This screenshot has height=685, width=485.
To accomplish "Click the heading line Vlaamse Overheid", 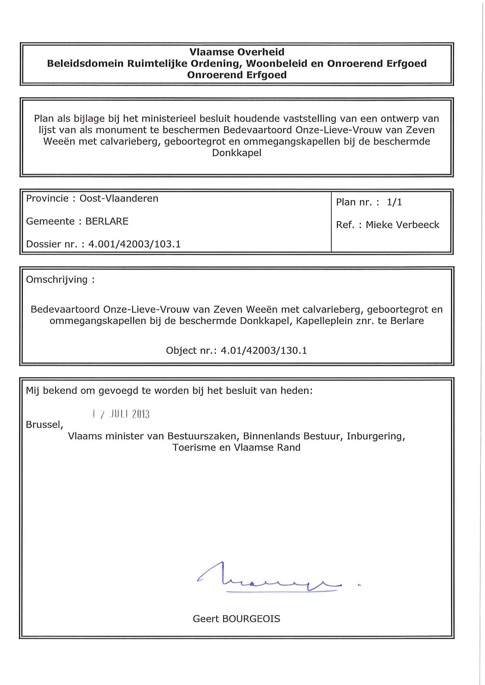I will coord(237,52).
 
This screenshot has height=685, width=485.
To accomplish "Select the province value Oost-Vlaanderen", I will coord(119,199).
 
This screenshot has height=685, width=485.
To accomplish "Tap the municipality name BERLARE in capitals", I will coord(107,221).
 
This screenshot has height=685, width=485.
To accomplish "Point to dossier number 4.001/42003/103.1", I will coord(135,244).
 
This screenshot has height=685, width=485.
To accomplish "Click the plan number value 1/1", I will coord(394,202).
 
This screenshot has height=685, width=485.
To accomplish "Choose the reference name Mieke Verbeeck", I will coord(402,225).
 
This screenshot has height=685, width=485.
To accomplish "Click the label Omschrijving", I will coord(57,280).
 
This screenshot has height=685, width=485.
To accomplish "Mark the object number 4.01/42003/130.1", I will coord(264,350).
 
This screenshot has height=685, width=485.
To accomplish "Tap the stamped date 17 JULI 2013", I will coord(121,414).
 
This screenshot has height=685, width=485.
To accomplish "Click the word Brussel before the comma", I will coord(43,425).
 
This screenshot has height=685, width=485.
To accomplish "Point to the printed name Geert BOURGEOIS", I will coord(237,619).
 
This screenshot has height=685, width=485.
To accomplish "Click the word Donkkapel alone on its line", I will coord(237,153).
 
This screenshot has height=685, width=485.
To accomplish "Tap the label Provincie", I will coord(47,199).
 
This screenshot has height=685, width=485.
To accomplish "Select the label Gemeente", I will coord(50,221).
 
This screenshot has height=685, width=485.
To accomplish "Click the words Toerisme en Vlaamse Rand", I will coord(237,447).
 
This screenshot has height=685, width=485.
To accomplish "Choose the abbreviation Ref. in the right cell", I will coord(345,225).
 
